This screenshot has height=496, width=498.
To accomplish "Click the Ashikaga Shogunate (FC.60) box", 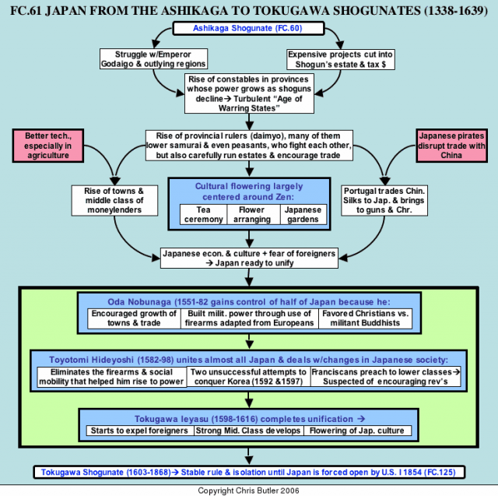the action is (248, 28).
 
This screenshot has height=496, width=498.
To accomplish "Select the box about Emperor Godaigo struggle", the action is (153, 59).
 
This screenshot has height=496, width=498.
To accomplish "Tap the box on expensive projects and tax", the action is (341, 59).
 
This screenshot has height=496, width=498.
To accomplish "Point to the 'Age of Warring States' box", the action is (249, 93).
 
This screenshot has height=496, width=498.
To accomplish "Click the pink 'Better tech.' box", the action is (48, 146).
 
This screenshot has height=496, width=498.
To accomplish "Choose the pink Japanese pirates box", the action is (451, 146).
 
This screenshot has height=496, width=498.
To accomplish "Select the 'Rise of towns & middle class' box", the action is (114, 200).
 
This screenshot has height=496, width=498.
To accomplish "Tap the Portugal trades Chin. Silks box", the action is (384, 200).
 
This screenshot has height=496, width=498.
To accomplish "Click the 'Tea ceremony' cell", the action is (204, 214).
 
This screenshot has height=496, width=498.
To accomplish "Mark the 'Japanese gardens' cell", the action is (303, 214).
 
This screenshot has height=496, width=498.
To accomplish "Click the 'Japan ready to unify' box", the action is (249, 258).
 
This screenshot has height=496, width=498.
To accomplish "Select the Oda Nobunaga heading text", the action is (249, 302).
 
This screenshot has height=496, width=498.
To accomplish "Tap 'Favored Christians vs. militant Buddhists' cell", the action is (365, 318).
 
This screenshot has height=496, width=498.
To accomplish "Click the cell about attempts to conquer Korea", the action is (249, 377).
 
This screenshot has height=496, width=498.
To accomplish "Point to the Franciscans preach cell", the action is (386, 377).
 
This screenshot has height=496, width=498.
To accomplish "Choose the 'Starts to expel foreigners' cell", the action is (140, 431).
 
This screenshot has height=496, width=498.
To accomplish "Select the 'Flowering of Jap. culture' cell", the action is (358, 431).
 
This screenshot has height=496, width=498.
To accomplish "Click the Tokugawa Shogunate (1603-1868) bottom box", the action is (249, 472).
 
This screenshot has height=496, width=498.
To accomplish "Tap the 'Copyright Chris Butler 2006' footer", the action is (248, 491).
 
